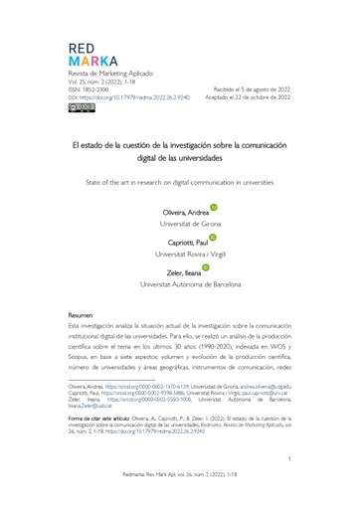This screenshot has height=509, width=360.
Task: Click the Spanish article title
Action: click(180, 151)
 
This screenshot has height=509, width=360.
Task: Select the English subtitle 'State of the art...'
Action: click(180, 183)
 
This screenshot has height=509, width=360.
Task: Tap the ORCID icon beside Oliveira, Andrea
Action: click(213, 208)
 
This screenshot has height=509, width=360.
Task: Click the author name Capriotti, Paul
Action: click(179, 243)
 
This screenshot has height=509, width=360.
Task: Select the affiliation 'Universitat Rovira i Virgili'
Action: click(180, 254)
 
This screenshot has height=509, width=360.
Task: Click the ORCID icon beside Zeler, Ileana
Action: click(205, 267)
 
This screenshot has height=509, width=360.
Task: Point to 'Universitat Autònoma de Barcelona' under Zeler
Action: click(180, 284)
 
